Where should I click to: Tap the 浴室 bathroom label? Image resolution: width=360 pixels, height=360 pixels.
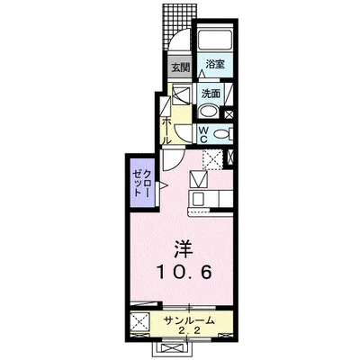(214, 65)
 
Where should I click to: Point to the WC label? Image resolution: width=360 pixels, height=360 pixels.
(204, 133)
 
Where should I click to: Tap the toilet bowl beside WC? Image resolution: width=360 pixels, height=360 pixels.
(222, 133)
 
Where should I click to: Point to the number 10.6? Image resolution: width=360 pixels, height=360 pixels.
(184, 272)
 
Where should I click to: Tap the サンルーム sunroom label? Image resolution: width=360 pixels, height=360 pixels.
(189, 320)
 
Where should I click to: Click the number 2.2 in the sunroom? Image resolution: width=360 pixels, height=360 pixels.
(188, 331)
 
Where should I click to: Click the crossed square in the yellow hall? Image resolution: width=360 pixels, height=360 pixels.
(180, 95)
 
